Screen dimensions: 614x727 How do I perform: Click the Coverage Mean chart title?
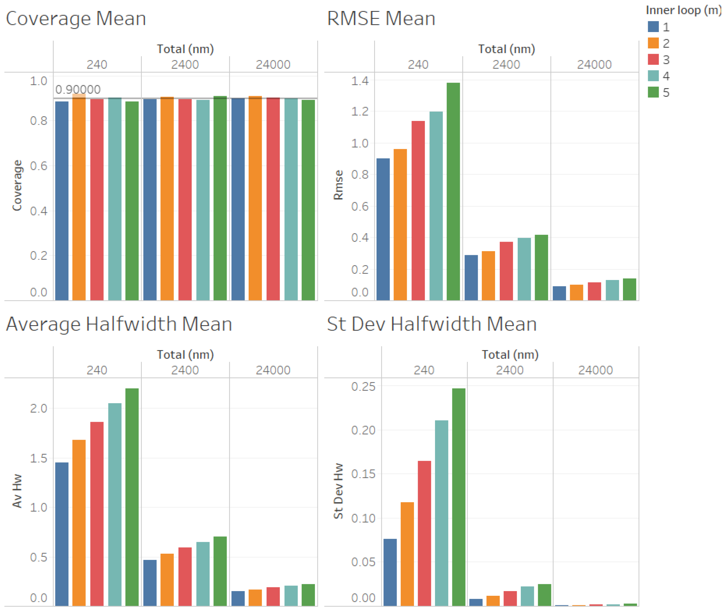tap(75, 19)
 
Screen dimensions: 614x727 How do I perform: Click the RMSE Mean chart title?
tap(381, 19)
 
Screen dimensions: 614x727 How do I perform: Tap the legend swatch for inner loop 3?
tap(653, 59)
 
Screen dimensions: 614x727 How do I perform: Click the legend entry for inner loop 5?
tap(658, 92)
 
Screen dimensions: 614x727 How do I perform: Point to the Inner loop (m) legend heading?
tap(683, 10)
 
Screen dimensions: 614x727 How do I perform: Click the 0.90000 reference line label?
tap(78, 90)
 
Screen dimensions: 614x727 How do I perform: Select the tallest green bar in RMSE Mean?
tap(453, 191)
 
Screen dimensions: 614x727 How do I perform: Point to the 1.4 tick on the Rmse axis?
tap(359, 81)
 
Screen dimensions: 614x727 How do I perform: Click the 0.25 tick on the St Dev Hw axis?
tap(363, 386)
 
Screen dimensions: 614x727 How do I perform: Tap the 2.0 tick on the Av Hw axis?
tap(38, 408)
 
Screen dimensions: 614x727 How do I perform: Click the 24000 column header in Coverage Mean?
tap(273, 65)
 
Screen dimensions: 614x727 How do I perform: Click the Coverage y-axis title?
tap(17, 185)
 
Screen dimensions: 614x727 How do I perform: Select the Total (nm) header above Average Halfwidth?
tap(185, 354)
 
